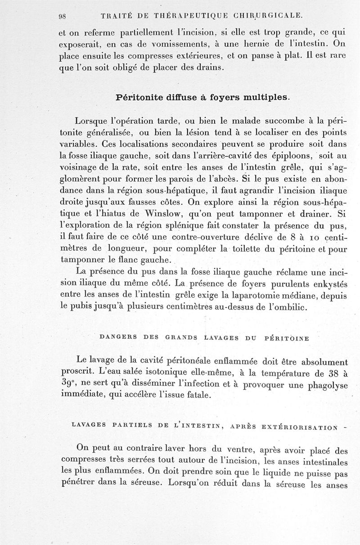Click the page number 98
[62, 16]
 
